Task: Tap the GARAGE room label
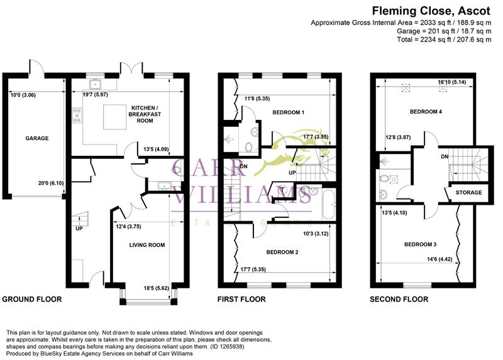click(x=36, y=138)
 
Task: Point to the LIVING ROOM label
click(x=146, y=245)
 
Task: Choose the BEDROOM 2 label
click(x=282, y=253)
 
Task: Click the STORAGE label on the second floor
click(x=468, y=192)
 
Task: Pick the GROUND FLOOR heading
click(x=32, y=299)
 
